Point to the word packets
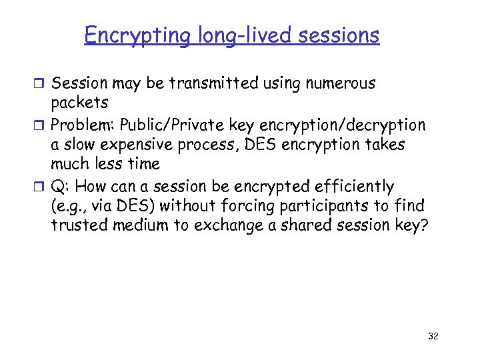pyautogui.click(x=79, y=104)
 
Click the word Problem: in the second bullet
pyautogui.click(x=83, y=125)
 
